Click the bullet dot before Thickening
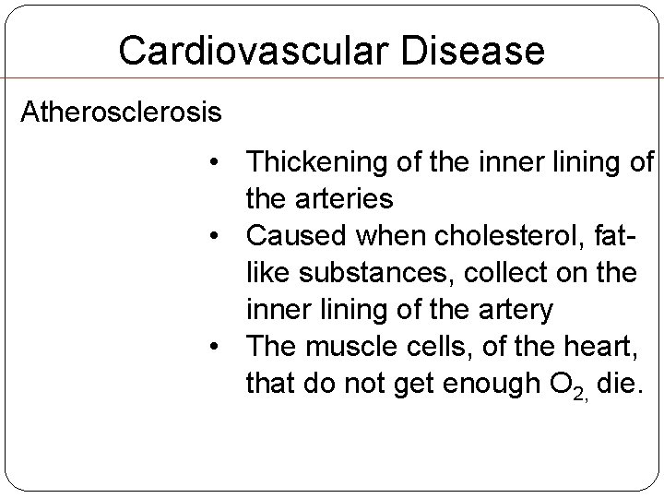[213, 164]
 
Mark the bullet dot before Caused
[213, 237]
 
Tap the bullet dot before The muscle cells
[213, 348]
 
